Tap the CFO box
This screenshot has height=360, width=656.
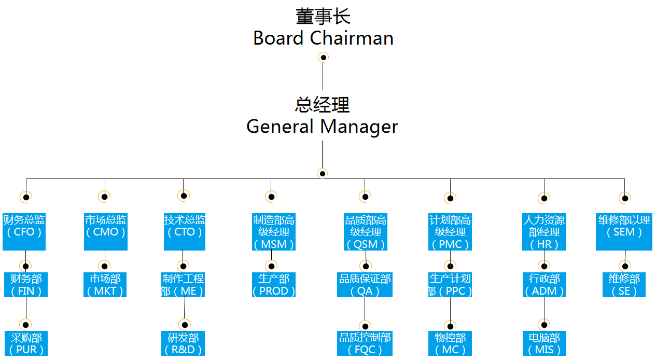pyautogui.click(x=24, y=231)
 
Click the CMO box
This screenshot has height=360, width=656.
pyautogui.click(x=105, y=231)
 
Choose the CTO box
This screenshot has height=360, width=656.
pyautogui.click(x=185, y=231)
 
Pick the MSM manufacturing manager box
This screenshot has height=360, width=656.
pyautogui.click(x=274, y=231)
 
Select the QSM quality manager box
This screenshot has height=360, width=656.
pyautogui.click(x=366, y=231)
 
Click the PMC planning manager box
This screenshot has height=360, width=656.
pyautogui.click(x=450, y=231)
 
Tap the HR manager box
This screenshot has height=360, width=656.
pyautogui.click(x=544, y=231)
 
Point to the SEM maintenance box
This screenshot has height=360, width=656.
pyautogui.click(x=624, y=231)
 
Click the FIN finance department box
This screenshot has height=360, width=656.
pyautogui.click(x=26, y=285)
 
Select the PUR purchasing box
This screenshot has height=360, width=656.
pyautogui.click(x=26, y=343)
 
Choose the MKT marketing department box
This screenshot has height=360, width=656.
pyautogui.click(x=105, y=285)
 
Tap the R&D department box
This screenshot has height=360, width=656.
pyautogui.click(x=183, y=343)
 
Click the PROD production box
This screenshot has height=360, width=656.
pyautogui.click(x=274, y=285)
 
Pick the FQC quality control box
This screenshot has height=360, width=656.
pyautogui.click(x=365, y=343)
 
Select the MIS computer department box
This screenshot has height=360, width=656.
pyautogui.click(x=544, y=343)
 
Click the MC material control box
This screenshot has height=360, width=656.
pyautogui.click(x=450, y=343)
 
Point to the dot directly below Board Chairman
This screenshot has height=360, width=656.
pyautogui.click(x=323, y=58)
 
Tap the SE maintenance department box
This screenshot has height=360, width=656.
pyautogui.click(x=624, y=285)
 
